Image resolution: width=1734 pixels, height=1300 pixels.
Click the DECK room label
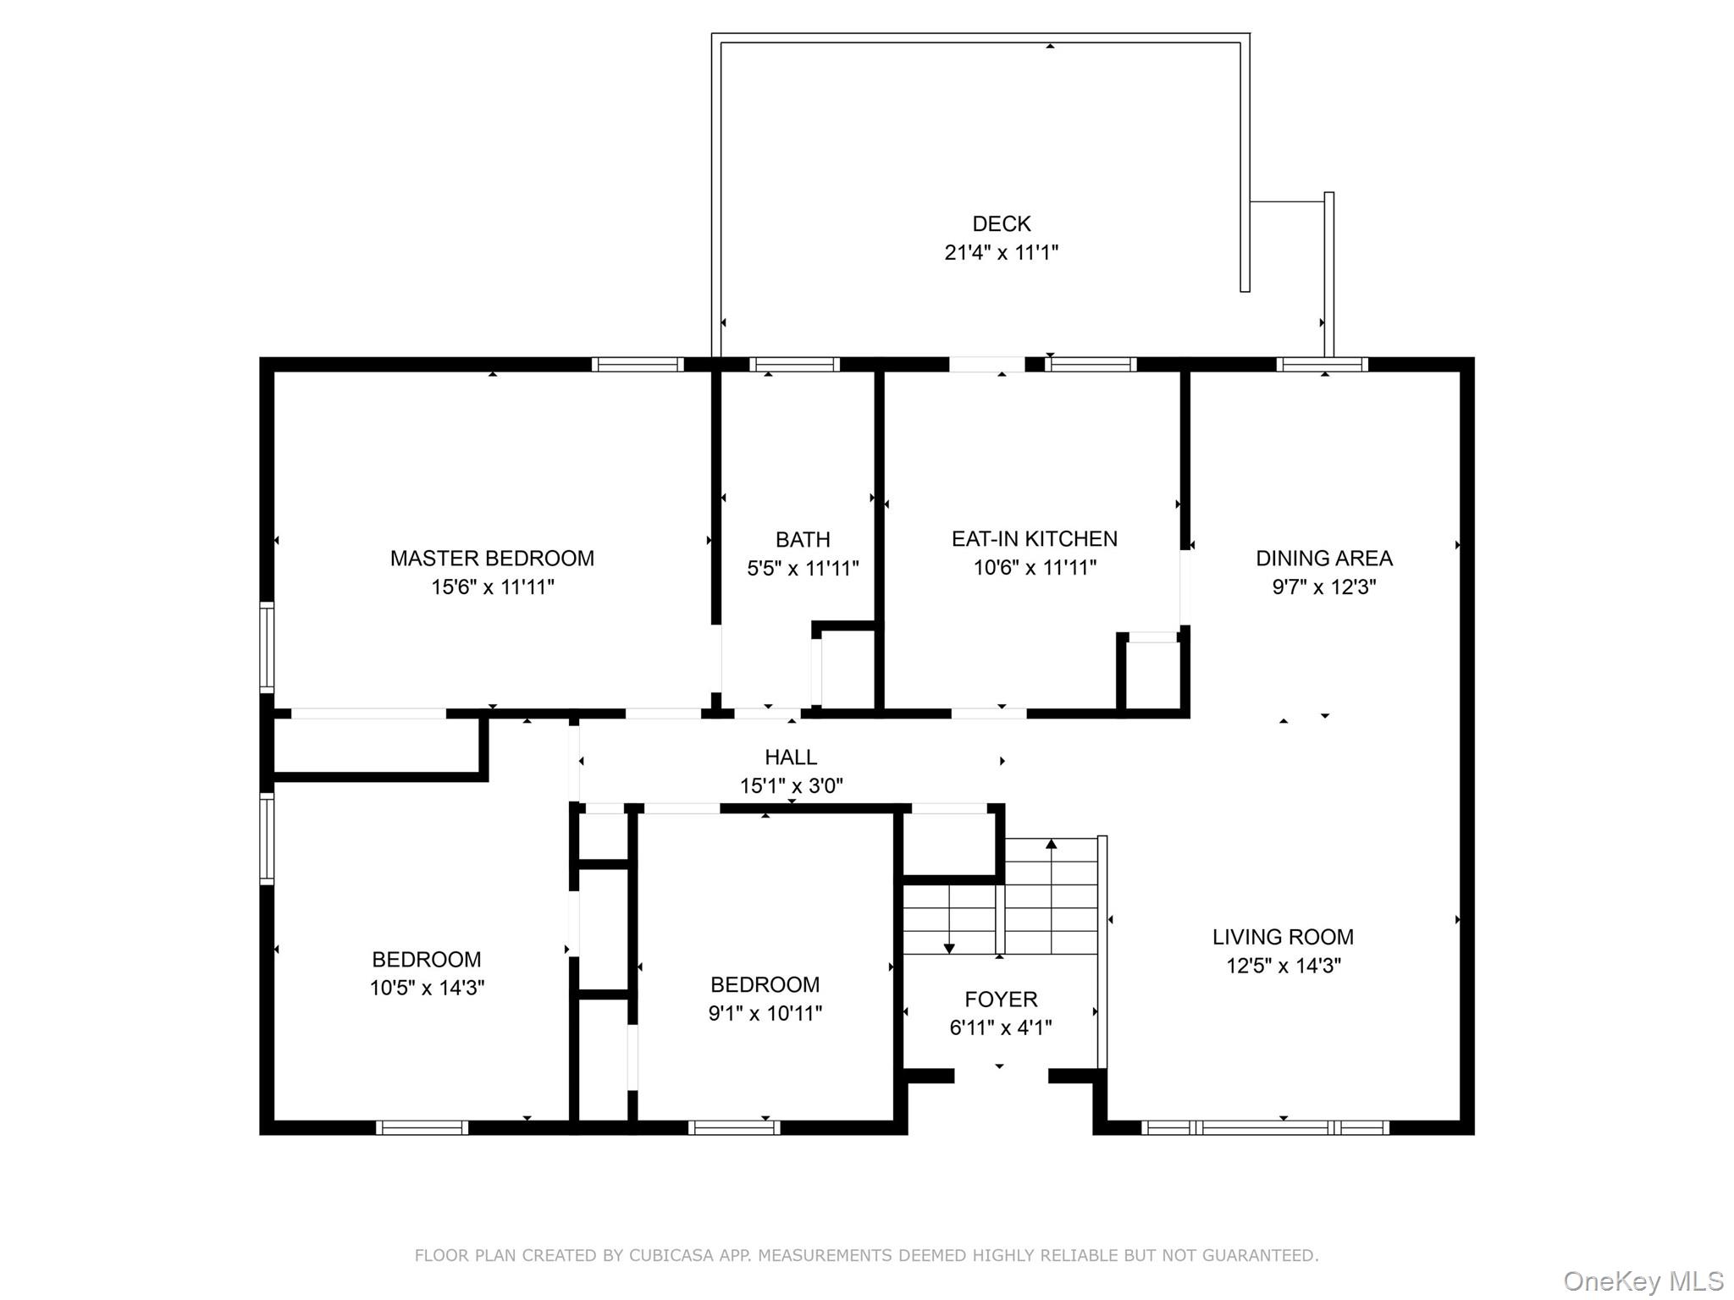pos(1001,223)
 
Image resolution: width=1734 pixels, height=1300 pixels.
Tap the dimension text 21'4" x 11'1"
pos(1001,252)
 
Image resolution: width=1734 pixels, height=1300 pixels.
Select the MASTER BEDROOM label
pos(492,559)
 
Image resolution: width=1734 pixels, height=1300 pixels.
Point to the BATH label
pos(803,539)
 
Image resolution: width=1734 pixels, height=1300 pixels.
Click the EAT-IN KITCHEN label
pos(1034,539)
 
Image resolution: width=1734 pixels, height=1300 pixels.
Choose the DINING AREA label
pos(1323,559)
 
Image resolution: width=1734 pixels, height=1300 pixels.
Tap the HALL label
pos(791,757)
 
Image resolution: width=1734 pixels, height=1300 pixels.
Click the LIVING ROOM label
pos(1283,937)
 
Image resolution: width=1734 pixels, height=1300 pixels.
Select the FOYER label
pos(1001,999)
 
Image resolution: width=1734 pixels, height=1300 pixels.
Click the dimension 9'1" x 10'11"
pos(765,1013)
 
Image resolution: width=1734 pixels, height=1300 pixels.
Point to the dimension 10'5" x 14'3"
pos(427,988)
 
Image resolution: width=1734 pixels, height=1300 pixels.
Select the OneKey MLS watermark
pos(1643,1281)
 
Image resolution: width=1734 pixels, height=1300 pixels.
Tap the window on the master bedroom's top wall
pos(637,365)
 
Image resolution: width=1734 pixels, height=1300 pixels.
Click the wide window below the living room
pos(1265,1127)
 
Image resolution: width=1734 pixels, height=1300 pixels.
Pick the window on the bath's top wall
pos(794,365)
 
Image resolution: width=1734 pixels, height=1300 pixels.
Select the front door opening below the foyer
pos(1001,1076)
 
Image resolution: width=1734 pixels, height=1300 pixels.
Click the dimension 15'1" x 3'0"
pos(791,786)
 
